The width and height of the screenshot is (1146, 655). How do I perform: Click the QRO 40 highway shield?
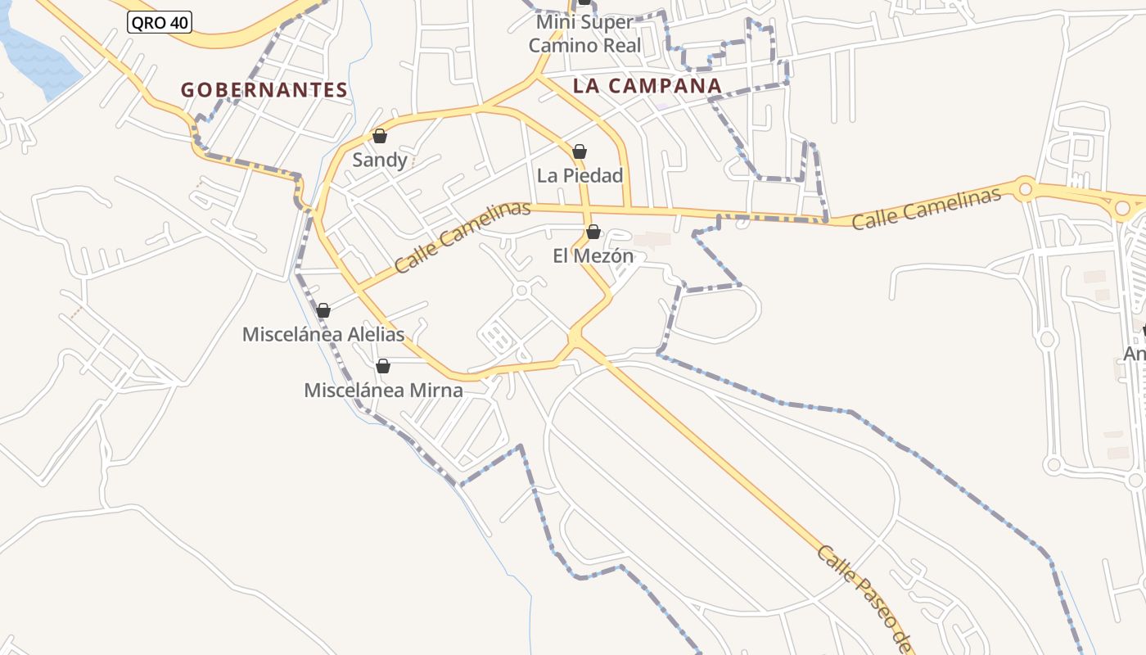pos(160,23)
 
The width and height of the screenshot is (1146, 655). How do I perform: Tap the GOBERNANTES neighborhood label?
pos(264,90)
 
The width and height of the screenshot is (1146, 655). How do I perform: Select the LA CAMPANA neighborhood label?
pos(647,86)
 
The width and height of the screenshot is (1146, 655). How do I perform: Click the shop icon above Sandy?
pos(380,136)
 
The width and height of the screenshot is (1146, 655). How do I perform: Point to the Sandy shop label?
pos(380,160)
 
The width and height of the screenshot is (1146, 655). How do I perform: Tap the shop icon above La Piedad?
pos(580,151)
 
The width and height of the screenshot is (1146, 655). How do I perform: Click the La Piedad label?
pos(580,175)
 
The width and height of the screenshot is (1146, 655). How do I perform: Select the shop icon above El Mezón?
pos(593,233)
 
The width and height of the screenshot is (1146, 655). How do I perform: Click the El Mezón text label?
pos(593,256)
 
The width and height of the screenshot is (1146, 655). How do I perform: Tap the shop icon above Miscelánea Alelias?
pos(323,310)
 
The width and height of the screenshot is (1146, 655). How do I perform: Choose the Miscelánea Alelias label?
pos(323,334)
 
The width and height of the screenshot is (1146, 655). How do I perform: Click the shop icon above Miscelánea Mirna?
pos(382,366)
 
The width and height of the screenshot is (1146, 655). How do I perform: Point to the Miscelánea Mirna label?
pos(383,391)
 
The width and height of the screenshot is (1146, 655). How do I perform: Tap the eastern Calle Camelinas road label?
pos(926,208)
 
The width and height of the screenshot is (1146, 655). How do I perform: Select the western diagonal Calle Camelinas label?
pos(462,237)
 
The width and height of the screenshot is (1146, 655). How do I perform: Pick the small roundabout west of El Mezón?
pos(521,291)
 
